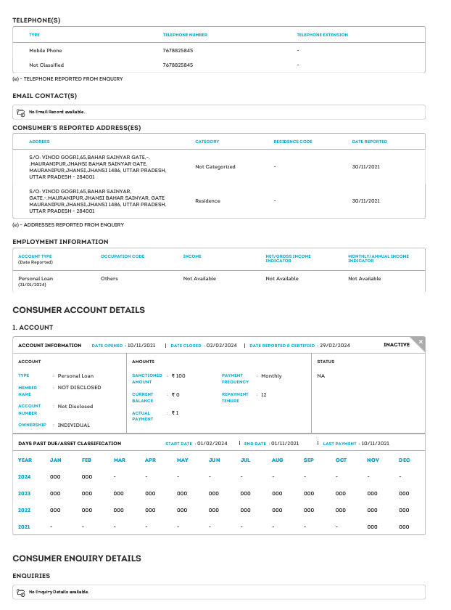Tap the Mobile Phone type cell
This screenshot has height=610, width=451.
click(45, 51)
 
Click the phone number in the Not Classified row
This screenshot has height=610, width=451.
click(178, 65)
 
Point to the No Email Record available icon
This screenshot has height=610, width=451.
click(21, 112)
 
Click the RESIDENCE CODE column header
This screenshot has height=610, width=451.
click(292, 142)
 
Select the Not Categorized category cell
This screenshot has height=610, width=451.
click(215, 166)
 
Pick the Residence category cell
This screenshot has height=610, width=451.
click(207, 200)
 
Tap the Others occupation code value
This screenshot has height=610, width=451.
click(109, 278)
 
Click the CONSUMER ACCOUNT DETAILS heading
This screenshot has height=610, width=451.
click(78, 310)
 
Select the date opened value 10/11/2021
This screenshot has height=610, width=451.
click(142, 346)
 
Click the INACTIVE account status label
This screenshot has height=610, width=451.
click(397, 345)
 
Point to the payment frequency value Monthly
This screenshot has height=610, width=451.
click(271, 376)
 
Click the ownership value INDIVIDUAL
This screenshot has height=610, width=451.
click(74, 425)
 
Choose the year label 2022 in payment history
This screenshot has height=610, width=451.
click(25, 511)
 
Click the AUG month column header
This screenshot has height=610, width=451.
click(277, 460)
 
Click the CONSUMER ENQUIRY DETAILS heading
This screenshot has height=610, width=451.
click(76, 558)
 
